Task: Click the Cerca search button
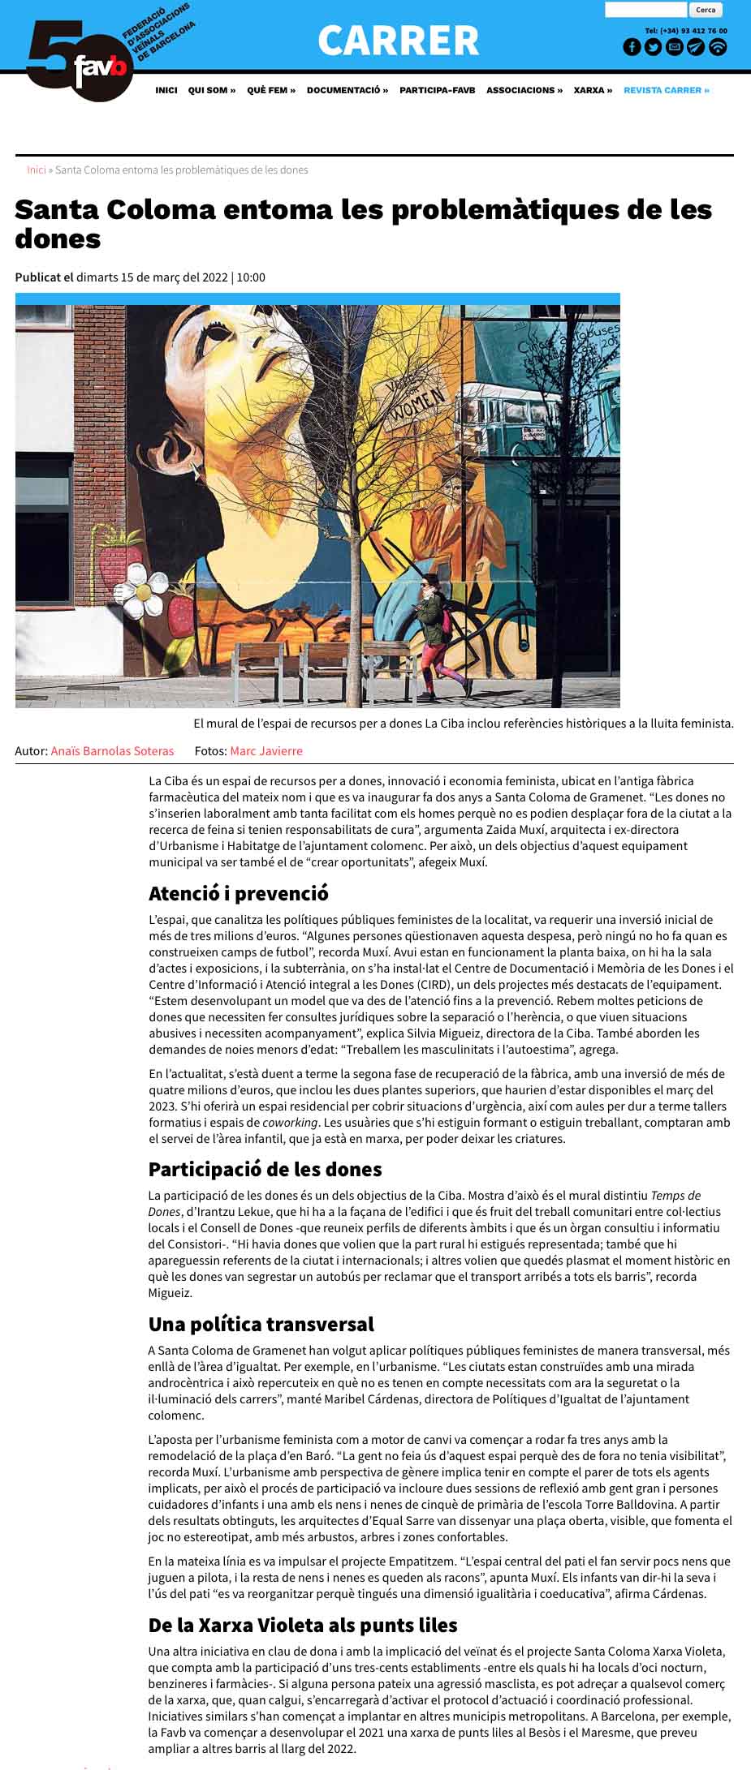705,11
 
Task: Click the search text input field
645,11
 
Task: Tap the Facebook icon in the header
632,47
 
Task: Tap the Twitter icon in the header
653,47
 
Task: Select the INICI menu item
166,90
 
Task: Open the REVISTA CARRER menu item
666,90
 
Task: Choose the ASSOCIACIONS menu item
524,90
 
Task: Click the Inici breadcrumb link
36,170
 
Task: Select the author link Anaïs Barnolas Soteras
112,751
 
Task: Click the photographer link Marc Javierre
265,751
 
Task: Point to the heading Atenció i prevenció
238,894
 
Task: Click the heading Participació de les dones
265,1170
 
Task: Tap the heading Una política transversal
261,1325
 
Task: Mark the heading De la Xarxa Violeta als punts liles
302,1626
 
